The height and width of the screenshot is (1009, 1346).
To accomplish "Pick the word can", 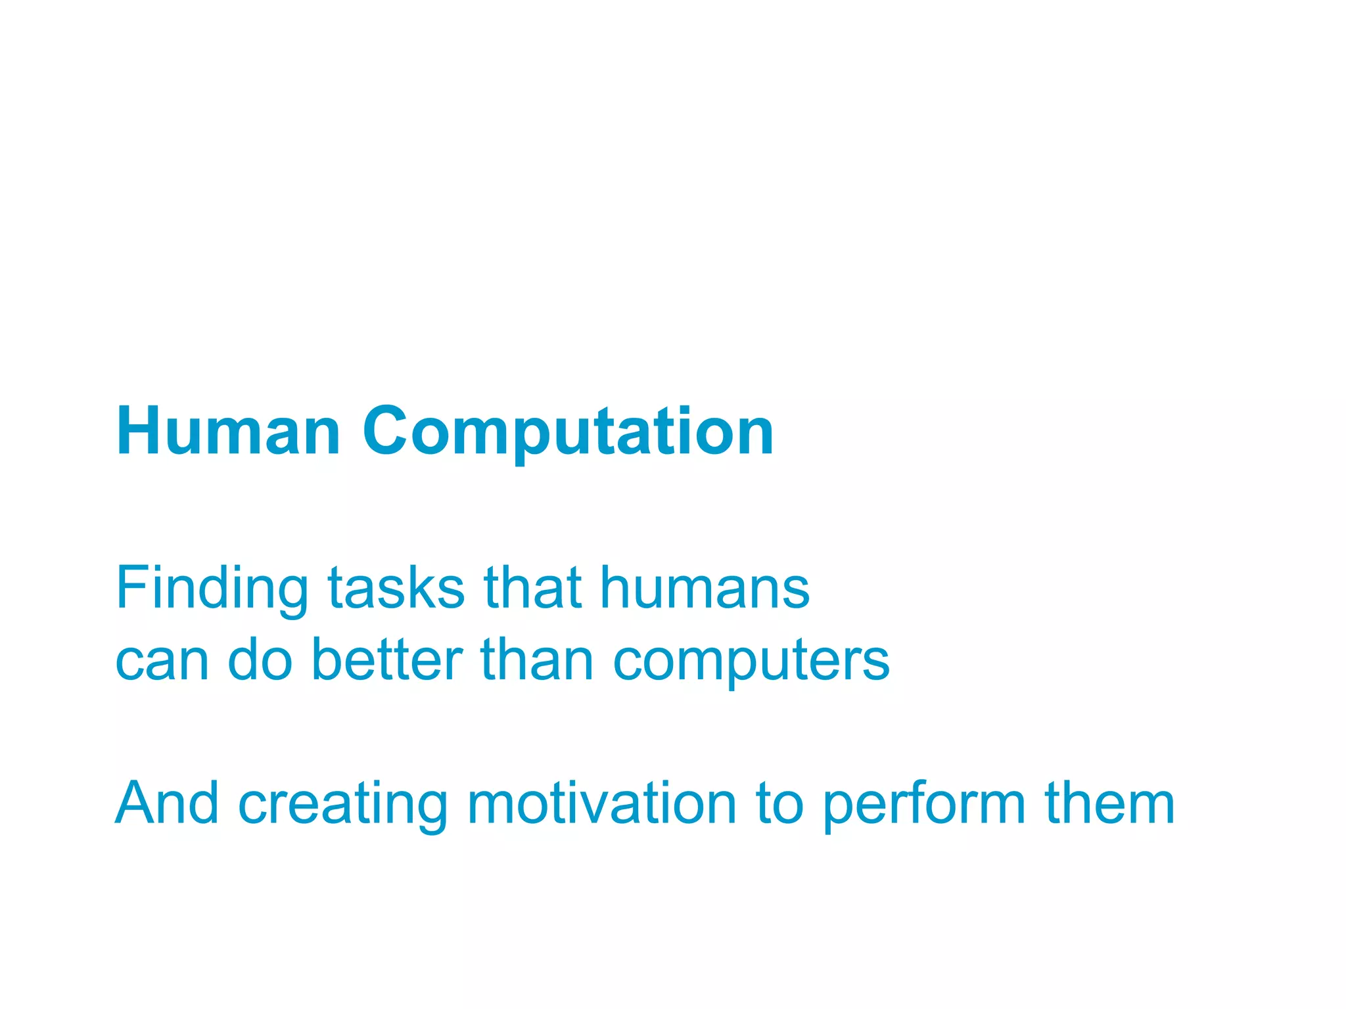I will click(162, 661).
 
